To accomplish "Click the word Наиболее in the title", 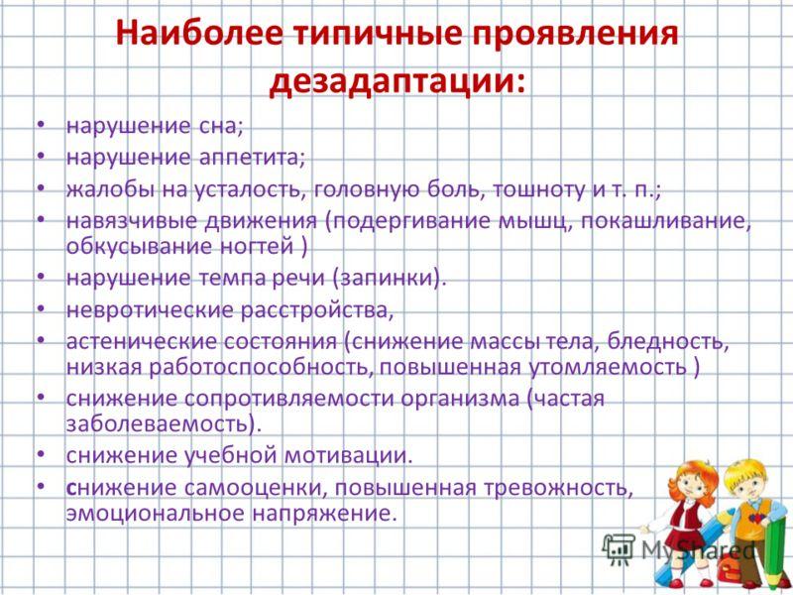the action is pyautogui.click(x=199, y=35).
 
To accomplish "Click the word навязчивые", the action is pyautogui.click(x=132, y=221).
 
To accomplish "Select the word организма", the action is pyautogui.click(x=460, y=400).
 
